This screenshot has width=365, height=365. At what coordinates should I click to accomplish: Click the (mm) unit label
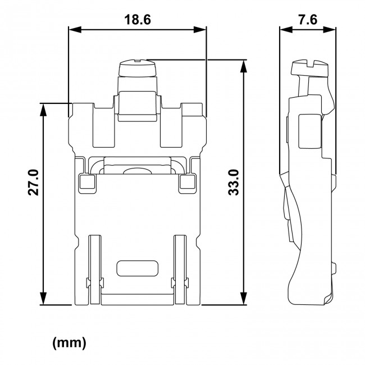[x=69, y=343]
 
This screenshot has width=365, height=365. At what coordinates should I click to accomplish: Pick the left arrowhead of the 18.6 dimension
[x=72, y=30]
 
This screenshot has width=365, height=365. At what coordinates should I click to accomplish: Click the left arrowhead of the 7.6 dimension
[x=283, y=30]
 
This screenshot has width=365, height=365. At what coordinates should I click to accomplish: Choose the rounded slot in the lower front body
[x=136, y=268]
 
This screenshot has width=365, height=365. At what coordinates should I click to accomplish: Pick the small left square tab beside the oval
[x=86, y=181]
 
